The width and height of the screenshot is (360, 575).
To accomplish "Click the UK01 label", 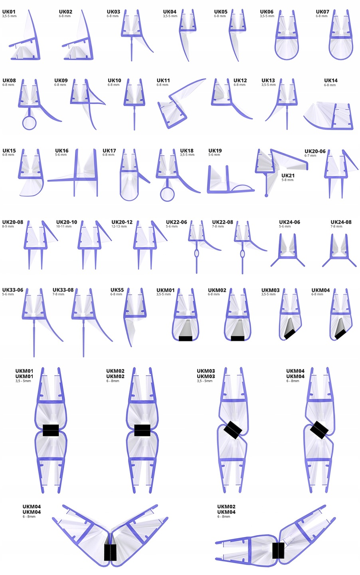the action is (9, 12).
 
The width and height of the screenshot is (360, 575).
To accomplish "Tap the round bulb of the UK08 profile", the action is (29, 123).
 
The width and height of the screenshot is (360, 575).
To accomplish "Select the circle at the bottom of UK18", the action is (167, 194).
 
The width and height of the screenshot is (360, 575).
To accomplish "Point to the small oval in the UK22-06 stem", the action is (196, 253).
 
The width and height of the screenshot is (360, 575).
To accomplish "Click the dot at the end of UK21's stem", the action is (266, 195).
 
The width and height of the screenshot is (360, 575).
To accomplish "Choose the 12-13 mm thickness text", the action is (119, 226).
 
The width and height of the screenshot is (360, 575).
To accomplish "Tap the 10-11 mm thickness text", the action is (64, 226).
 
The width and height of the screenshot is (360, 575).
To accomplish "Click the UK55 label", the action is (117, 290).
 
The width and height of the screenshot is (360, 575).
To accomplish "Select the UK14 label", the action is (331, 80).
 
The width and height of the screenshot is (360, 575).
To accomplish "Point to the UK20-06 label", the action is (315, 151).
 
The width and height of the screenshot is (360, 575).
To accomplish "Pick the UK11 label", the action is (163, 80).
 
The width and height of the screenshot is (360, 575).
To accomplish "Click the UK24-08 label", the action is (341, 222).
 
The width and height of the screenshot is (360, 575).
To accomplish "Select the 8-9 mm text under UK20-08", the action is (8, 226).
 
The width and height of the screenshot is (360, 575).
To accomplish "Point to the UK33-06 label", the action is (13, 290).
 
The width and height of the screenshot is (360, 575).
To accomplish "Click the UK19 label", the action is (215, 151).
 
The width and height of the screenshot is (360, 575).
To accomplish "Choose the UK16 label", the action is (62, 151).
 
